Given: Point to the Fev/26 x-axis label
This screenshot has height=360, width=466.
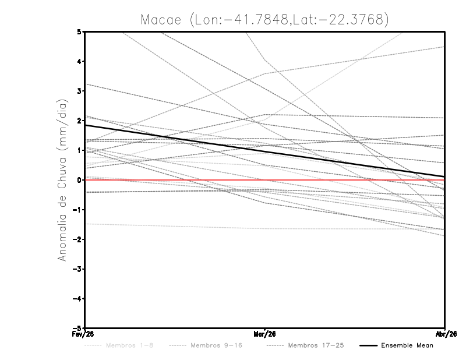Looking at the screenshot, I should (86, 334).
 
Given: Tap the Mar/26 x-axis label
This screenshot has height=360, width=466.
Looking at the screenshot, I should (265, 334).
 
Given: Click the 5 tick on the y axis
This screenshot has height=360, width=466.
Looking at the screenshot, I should (79, 31).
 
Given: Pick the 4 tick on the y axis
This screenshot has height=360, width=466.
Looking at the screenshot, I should (79, 61).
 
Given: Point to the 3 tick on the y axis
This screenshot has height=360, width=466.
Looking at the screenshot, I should (79, 91).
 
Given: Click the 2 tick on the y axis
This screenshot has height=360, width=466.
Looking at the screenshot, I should (79, 121).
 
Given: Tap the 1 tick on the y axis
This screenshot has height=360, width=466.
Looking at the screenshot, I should (79, 150).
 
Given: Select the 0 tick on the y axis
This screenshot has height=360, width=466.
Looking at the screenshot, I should (79, 180).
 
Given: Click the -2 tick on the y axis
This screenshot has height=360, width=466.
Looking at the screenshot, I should (77, 239).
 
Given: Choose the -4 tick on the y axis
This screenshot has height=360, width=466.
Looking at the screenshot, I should (77, 298).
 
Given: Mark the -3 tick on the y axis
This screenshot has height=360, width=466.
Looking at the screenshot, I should (77, 269).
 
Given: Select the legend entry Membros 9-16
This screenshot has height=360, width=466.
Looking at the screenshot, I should (216, 345).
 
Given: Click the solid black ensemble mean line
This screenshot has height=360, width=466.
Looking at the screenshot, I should (175, 138).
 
